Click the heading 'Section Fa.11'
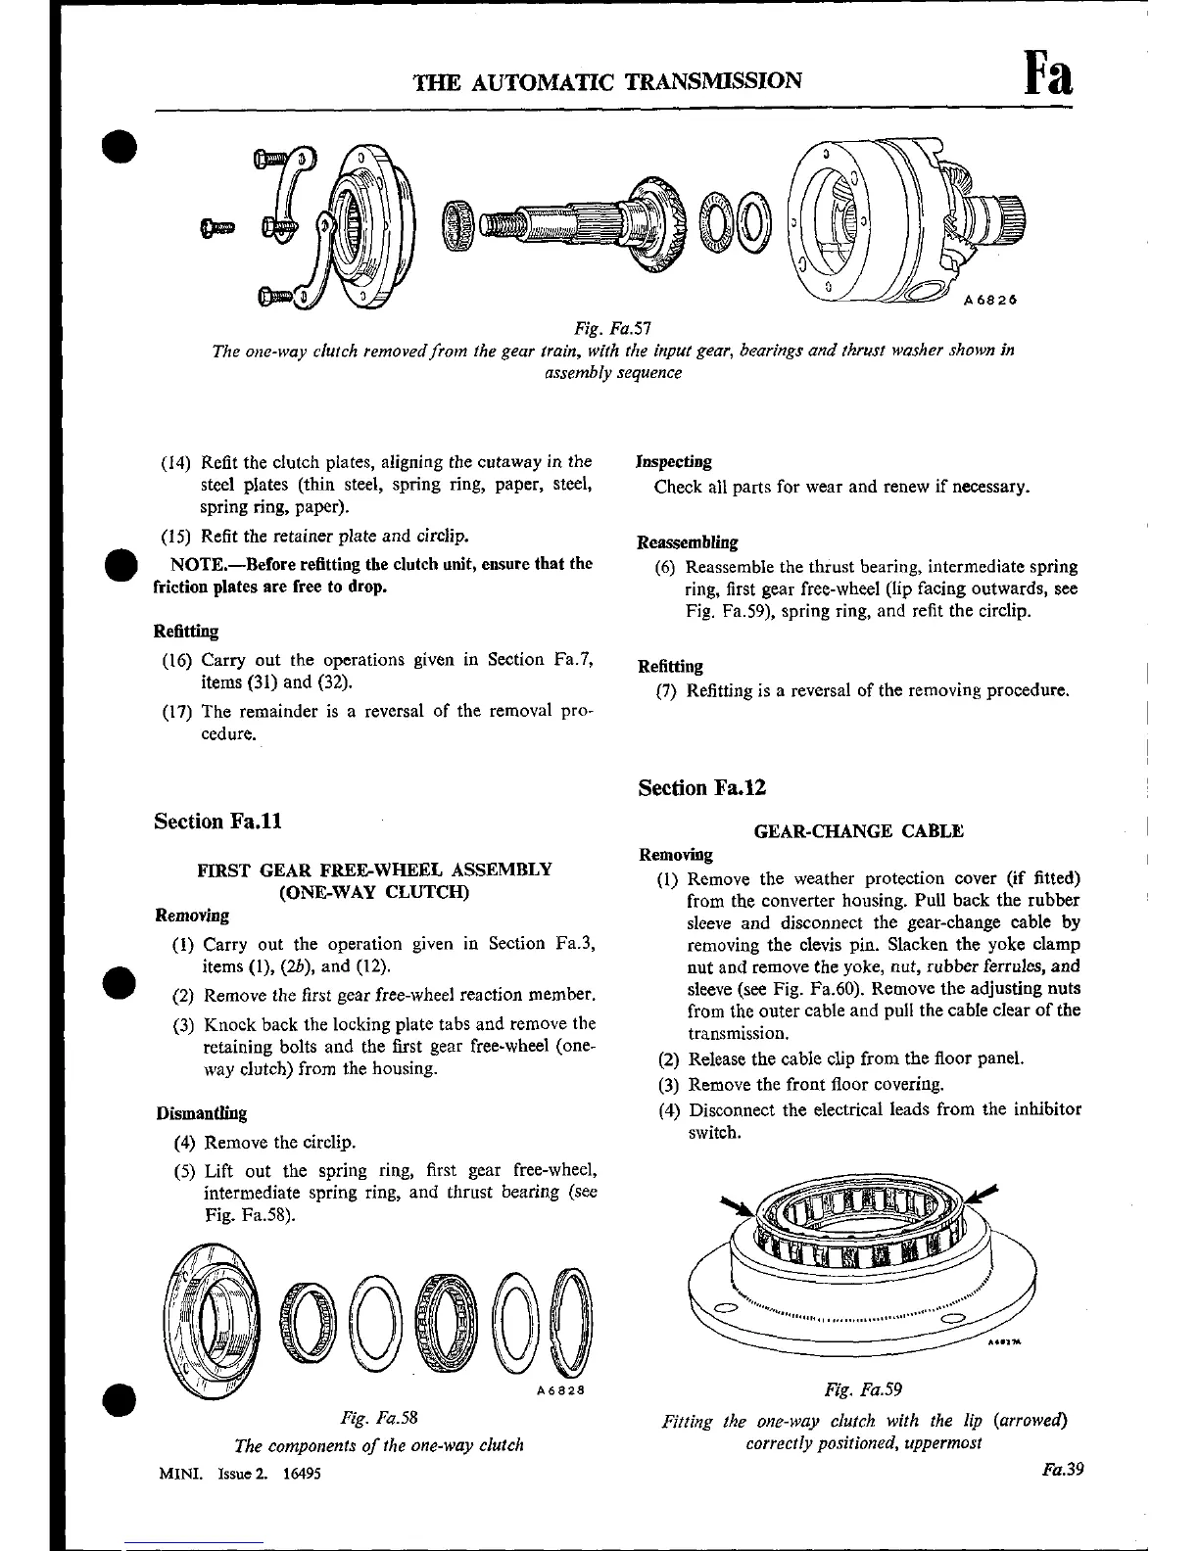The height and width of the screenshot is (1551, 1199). (217, 821)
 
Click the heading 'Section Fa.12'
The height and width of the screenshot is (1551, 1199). (701, 787)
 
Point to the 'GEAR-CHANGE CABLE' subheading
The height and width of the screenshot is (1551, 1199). (859, 831)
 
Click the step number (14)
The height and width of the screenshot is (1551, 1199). (179, 461)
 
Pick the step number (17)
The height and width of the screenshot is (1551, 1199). (179, 712)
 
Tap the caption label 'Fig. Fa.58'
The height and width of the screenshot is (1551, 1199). (380, 1417)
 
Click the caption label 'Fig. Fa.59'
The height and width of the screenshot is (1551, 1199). (863, 1389)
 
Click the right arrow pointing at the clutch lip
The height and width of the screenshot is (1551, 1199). (983, 1194)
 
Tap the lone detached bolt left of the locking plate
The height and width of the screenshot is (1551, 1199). (216, 228)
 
